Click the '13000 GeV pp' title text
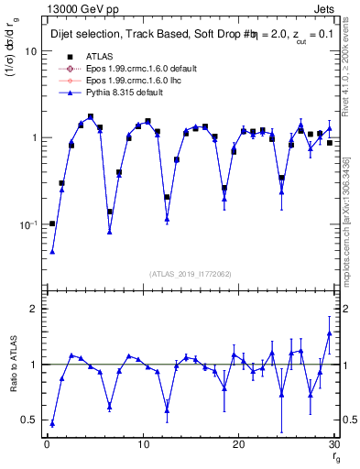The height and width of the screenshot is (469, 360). pyautogui.click(x=80, y=7)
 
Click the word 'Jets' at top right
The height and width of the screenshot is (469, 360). pyautogui.click(x=324, y=7)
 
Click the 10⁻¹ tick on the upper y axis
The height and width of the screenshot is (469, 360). pyautogui.click(x=27, y=224)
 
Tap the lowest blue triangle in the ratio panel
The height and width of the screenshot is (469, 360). pyautogui.click(x=52, y=424)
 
